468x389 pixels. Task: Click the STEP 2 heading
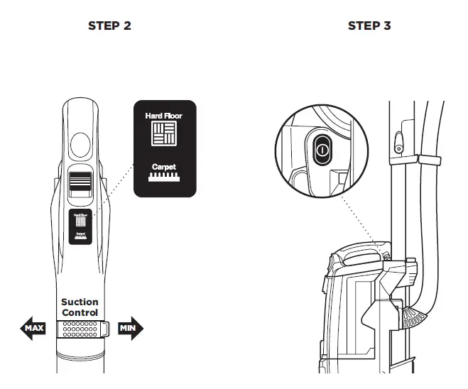tap(109, 26)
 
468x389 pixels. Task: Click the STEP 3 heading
tap(369, 26)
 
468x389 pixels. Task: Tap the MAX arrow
tap(34, 329)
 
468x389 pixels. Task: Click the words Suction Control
tap(80, 307)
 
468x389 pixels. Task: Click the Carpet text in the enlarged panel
tap(164, 168)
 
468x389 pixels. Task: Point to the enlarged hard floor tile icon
tap(164, 134)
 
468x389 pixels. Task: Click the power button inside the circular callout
tap(322, 150)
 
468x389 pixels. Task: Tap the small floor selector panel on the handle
tap(80, 226)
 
